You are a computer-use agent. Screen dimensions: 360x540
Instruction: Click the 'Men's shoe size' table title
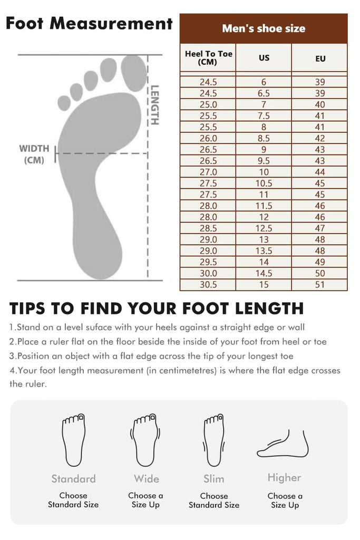264,28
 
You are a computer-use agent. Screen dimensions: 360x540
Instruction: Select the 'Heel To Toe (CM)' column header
208,58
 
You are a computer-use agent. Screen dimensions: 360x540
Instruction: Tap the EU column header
320,59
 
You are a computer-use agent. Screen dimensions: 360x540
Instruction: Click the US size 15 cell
264,284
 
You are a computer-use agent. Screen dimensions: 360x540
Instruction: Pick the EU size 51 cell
320,284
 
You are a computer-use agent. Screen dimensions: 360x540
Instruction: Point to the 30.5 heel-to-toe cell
208,284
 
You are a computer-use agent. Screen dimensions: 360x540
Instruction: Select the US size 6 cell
264,82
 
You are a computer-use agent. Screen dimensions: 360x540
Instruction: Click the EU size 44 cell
320,172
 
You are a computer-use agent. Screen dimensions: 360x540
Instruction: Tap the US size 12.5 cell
264,228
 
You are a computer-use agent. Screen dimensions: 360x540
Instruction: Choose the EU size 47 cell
320,228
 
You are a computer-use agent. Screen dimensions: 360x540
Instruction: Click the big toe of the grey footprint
134,73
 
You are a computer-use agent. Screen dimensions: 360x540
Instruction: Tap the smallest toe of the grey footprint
64,103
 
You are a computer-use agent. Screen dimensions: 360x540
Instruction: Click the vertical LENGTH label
155,105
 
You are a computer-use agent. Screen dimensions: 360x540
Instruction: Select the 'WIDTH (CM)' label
34,155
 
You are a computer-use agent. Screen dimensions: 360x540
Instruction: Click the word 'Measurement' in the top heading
111,23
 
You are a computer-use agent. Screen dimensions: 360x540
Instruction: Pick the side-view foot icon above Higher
283,443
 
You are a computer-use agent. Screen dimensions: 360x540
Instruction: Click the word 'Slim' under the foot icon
213,479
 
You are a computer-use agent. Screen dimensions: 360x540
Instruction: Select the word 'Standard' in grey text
73,479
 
